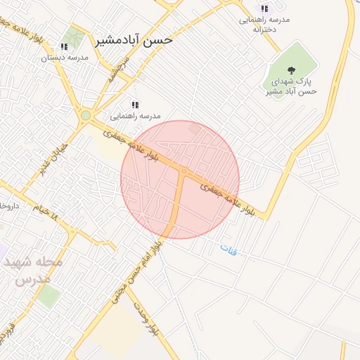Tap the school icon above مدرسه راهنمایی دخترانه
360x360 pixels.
click(x=264, y=8)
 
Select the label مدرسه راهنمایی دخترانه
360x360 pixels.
click(x=265, y=25)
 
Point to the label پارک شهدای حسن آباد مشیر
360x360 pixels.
click(x=291, y=86)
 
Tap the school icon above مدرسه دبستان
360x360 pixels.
click(x=64, y=46)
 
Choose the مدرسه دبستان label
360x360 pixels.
click(x=64, y=58)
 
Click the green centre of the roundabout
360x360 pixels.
click(x=86, y=115)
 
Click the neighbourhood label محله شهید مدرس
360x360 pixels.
click(x=33, y=270)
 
